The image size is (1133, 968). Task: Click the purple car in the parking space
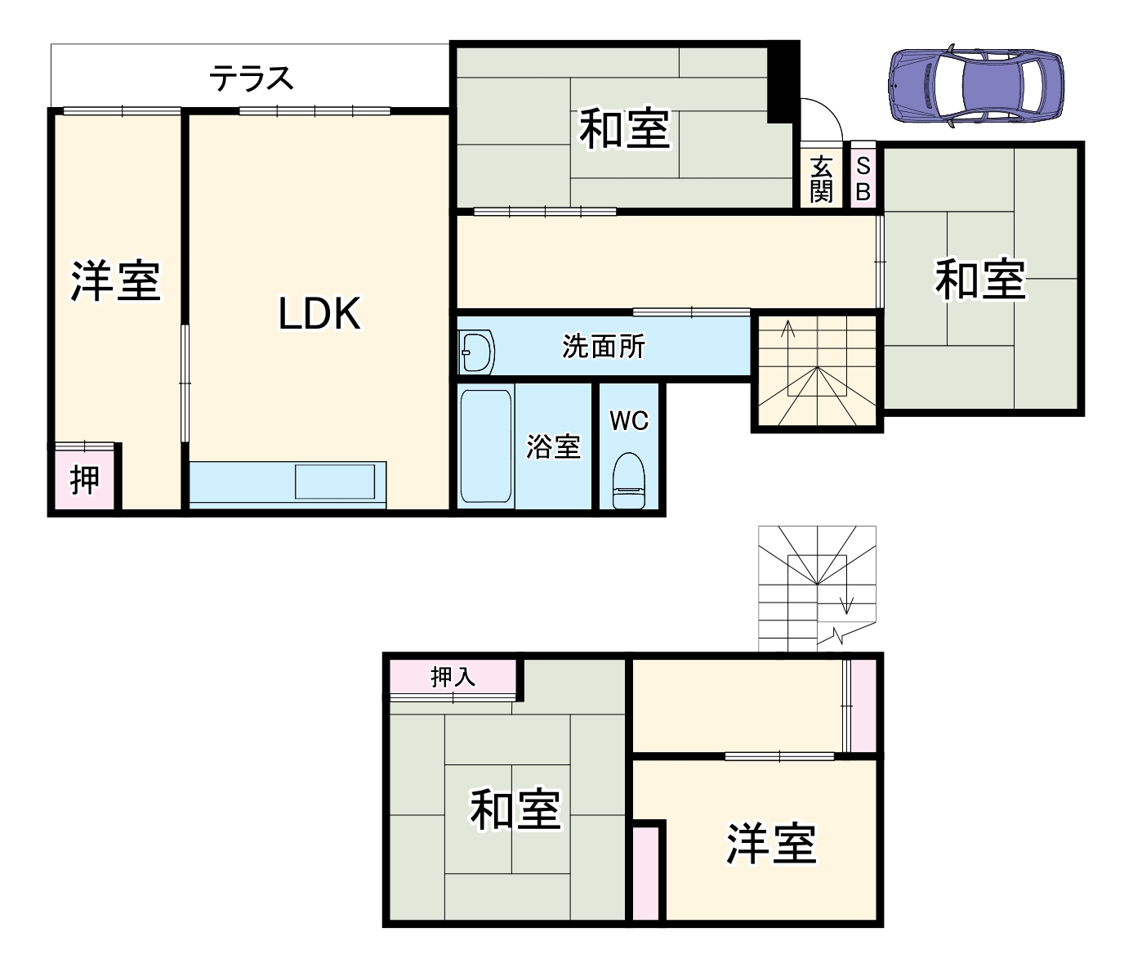click(x=975, y=85)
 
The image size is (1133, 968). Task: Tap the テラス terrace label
click(x=251, y=78)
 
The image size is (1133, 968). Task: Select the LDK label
click(x=319, y=314)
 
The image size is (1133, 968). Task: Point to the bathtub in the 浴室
click(x=486, y=446)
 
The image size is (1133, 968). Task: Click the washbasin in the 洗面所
click(x=476, y=352)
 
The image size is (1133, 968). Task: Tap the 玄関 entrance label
click(x=821, y=180)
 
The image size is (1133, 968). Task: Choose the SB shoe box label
click(x=863, y=180)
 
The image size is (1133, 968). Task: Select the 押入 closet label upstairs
click(x=453, y=677)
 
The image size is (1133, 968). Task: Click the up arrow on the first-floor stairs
click(x=789, y=330)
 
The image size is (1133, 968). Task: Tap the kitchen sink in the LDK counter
click(x=335, y=481)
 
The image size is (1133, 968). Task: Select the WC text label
click(x=629, y=421)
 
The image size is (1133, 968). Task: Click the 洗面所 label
click(x=604, y=347)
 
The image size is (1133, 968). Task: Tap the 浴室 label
click(x=553, y=446)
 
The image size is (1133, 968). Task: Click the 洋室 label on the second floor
click(x=771, y=844)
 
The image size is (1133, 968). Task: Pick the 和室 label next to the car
click(x=979, y=279)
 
